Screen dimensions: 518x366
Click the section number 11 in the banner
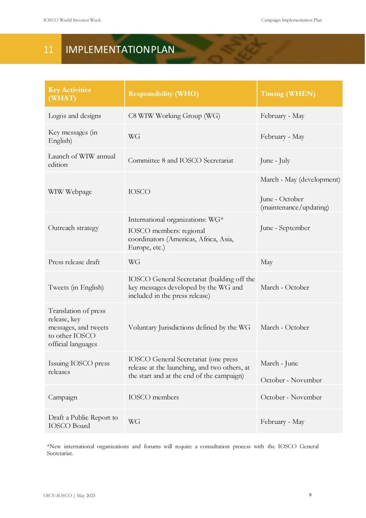(49, 49)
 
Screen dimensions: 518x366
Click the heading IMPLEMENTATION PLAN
(120, 49)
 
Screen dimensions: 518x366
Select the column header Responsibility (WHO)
(163, 94)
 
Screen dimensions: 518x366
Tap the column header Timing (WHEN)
(288, 94)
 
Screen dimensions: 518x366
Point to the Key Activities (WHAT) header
(70, 94)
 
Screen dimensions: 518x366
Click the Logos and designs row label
(75, 116)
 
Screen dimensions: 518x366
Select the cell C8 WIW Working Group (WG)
(174, 116)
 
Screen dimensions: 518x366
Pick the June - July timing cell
(275, 160)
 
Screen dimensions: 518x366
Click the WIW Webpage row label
(70, 192)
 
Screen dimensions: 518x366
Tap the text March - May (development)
(300, 180)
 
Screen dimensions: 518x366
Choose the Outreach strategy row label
(73, 228)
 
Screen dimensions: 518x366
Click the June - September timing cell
(285, 228)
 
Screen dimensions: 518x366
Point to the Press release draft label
(74, 262)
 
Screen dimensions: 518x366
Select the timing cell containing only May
(266, 262)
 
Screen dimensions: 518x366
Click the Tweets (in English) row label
(76, 287)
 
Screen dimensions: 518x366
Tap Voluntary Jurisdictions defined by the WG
(189, 327)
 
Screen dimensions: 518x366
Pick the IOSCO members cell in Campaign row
(153, 397)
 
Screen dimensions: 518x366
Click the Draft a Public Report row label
(83, 421)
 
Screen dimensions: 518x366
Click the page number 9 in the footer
(310, 495)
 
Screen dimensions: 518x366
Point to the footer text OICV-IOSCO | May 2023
(69, 496)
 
